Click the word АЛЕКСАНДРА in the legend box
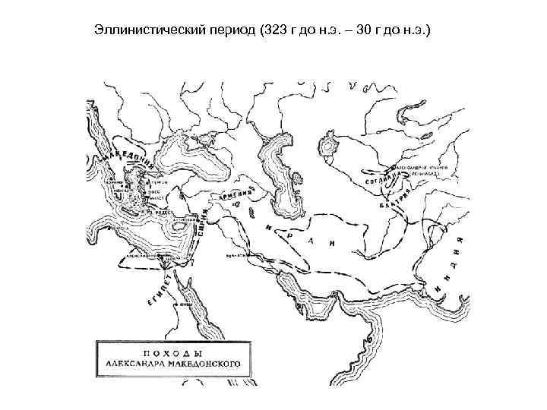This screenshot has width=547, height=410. (134, 365)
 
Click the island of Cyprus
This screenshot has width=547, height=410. (182, 224)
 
